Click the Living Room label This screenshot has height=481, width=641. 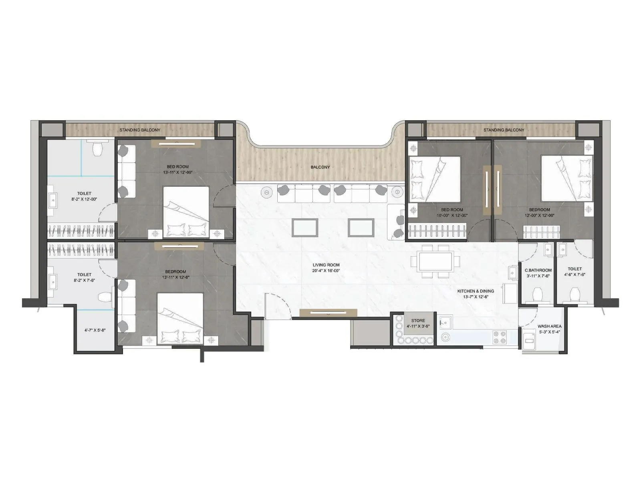(x=326, y=265)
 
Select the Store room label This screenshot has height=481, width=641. (x=418, y=321)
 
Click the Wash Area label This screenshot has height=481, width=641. (x=549, y=326)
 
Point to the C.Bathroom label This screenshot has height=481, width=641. (x=538, y=271)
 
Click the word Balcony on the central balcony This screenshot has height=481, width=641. (x=320, y=167)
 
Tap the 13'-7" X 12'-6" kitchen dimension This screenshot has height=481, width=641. (x=476, y=297)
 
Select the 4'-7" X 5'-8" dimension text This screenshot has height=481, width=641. (x=95, y=330)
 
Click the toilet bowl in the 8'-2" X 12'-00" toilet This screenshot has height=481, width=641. (x=97, y=149)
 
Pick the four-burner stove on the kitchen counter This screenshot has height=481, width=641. (x=499, y=337)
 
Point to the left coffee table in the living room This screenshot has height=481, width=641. (x=306, y=227)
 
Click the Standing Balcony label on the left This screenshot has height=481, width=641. (x=139, y=130)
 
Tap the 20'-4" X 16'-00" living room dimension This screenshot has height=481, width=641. (x=326, y=271)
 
